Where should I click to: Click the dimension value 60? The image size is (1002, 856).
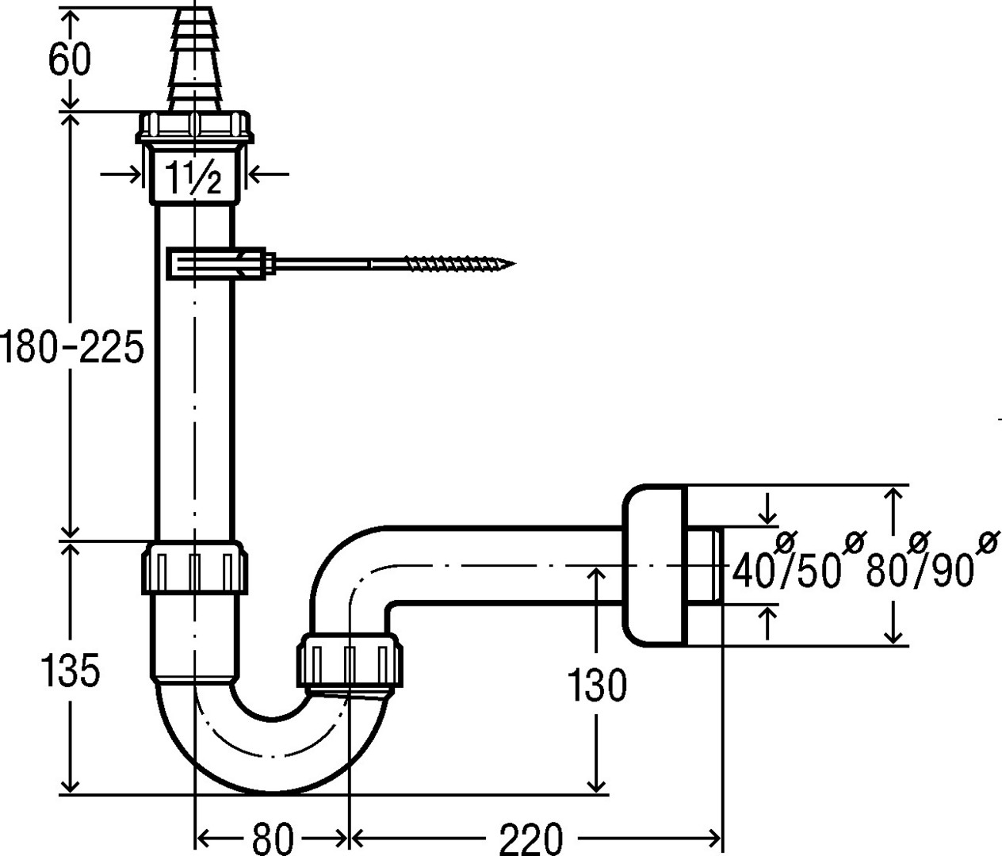pyautogui.click(x=70, y=60)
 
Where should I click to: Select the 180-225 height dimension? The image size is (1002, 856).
pyautogui.click(x=71, y=349)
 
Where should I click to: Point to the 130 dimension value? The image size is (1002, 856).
pyautogui.click(x=596, y=686)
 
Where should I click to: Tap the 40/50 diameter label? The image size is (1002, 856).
pyautogui.click(x=785, y=567)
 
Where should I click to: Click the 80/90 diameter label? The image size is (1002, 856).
pyautogui.click(x=920, y=567)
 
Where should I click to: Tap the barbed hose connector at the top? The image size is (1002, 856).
pyautogui.click(x=193, y=59)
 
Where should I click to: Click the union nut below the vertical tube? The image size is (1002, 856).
pyautogui.click(x=194, y=567)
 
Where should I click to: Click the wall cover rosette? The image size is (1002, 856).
pyautogui.click(x=654, y=564)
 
